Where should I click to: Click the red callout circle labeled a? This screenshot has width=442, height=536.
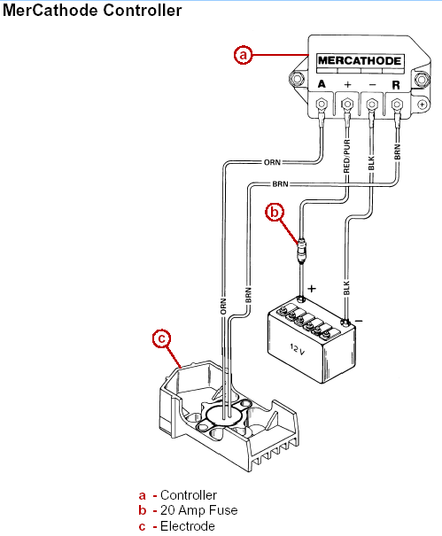(x=243, y=55)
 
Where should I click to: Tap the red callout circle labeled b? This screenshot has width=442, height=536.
(x=275, y=212)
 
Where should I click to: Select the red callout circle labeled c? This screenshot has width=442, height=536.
(x=162, y=338)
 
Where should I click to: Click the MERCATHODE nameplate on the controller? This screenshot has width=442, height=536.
(x=360, y=61)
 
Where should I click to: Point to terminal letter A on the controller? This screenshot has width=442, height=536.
(x=322, y=84)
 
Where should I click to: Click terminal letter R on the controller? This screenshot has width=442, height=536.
(x=396, y=85)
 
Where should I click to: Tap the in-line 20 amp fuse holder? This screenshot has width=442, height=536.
(x=301, y=250)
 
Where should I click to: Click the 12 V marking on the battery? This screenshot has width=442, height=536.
(x=297, y=349)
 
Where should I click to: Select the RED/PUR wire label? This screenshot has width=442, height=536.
(x=346, y=156)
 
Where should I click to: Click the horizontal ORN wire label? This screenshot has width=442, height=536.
(x=272, y=162)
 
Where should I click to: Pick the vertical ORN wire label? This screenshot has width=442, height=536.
(x=223, y=307)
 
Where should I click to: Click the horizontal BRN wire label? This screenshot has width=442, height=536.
(x=280, y=184)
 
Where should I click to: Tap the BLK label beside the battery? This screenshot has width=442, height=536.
(x=346, y=288)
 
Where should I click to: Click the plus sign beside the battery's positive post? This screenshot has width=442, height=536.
(x=312, y=289)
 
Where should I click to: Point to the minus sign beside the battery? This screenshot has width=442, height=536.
(x=359, y=321)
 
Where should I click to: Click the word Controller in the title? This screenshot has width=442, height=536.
(x=143, y=11)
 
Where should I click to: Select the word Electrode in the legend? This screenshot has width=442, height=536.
(x=188, y=526)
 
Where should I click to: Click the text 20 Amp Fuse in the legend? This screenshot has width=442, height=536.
(x=199, y=510)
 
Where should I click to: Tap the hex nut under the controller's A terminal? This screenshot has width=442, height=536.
(x=322, y=104)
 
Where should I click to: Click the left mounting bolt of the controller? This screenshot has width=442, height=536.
(x=297, y=80)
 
